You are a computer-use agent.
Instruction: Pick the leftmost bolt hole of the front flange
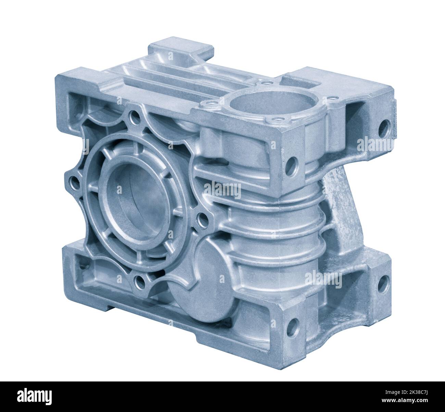[74, 179]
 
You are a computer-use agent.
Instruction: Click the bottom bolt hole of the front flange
[139, 282]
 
